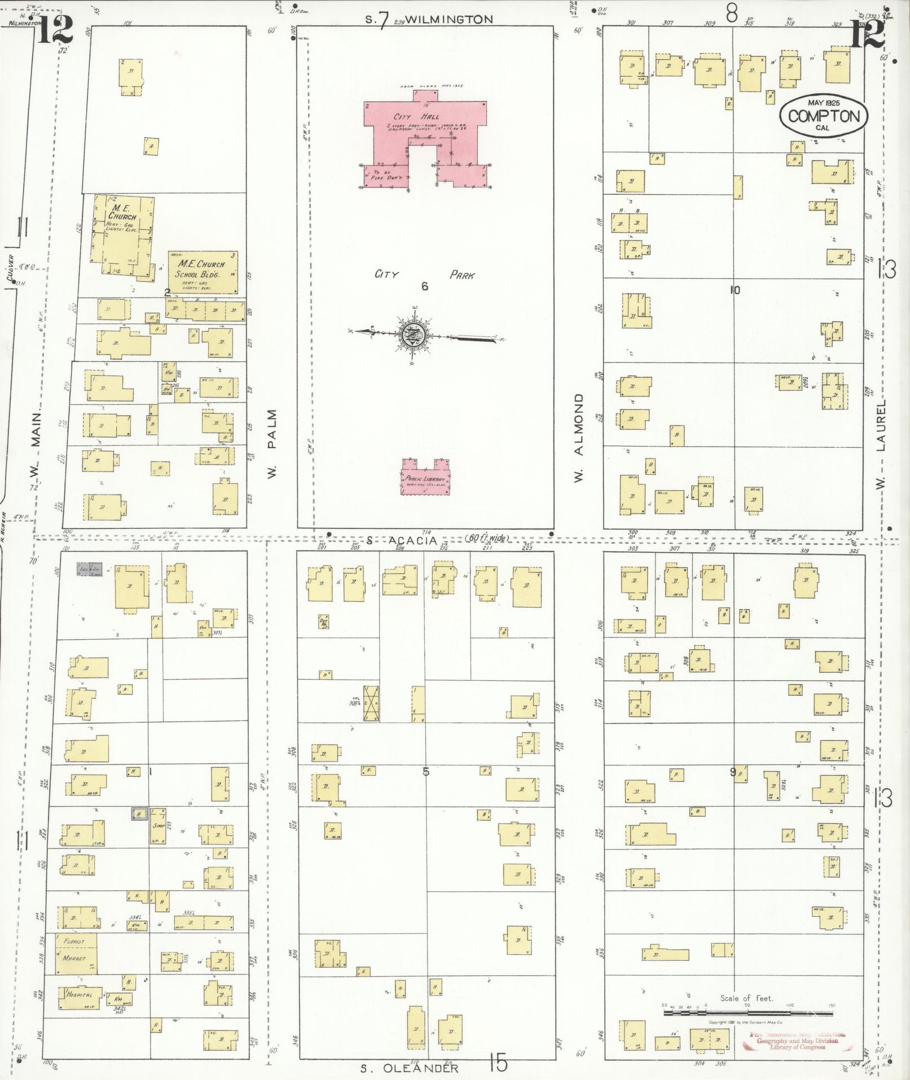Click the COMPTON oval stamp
click(823, 116)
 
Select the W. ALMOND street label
click(578, 438)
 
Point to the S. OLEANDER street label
click(408, 1068)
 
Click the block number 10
click(733, 290)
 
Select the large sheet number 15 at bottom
click(499, 1064)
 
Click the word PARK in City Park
click(461, 276)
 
